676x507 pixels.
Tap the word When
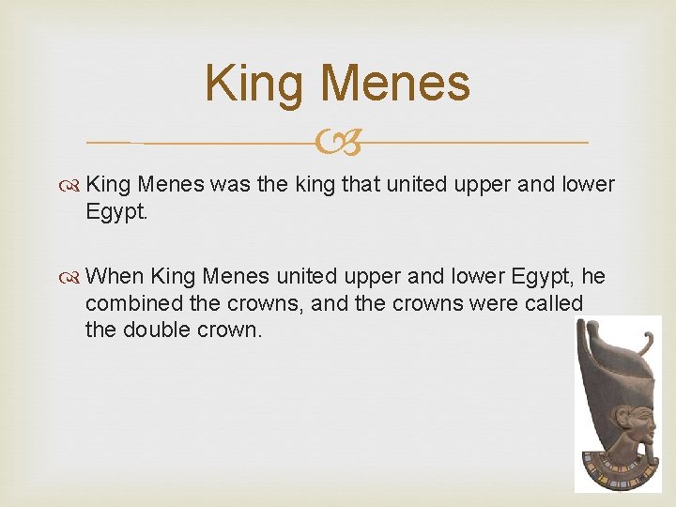click(115, 276)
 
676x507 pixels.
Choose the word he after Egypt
click(593, 276)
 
